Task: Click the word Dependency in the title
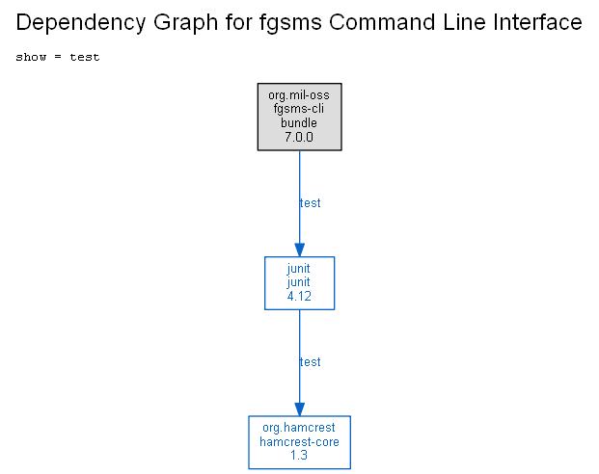(80, 22)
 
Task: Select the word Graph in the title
(185, 22)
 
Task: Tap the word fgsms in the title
(290, 22)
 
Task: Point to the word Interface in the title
(537, 22)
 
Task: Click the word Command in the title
(382, 22)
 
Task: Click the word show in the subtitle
(31, 57)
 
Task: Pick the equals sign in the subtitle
(58, 57)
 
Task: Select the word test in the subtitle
(85, 57)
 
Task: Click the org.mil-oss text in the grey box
(299, 95)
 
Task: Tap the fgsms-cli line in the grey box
(299, 109)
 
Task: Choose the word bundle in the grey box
(299, 122)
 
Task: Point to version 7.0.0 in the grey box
(299, 137)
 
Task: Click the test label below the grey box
(310, 203)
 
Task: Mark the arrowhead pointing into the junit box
(299, 250)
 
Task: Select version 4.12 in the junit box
(299, 296)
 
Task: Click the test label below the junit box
(310, 362)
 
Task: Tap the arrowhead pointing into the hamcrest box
(299, 409)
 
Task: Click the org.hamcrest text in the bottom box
(299, 428)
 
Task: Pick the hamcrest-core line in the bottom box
(299, 441)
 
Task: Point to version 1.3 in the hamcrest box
(299, 456)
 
